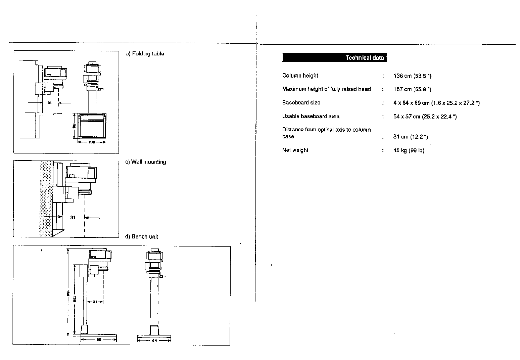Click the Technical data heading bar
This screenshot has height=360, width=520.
[334, 58]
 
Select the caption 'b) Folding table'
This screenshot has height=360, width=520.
[145, 54]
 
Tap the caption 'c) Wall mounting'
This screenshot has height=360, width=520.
[146, 162]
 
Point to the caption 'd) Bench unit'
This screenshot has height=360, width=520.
[141, 236]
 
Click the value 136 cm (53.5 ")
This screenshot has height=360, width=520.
[412, 76]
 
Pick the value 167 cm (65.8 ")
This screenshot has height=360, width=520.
[412, 89]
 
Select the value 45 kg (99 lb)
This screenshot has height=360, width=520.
[409, 150]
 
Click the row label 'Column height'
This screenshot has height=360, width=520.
[300, 76]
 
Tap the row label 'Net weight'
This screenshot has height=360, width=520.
[295, 150]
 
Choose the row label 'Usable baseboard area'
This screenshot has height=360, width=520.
[311, 117]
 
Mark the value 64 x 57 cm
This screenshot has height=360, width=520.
[425, 117]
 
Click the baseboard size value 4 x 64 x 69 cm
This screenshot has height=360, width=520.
[436, 103]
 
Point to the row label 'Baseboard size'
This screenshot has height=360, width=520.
[301, 103]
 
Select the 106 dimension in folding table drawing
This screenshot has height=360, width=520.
[92, 142]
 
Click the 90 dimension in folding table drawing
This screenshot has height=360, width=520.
[75, 126]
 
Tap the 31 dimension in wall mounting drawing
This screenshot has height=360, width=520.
[73, 218]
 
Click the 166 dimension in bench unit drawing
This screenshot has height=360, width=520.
[67, 293]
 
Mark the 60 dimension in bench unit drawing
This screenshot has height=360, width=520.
[99, 340]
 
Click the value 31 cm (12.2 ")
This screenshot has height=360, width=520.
[411, 137]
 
